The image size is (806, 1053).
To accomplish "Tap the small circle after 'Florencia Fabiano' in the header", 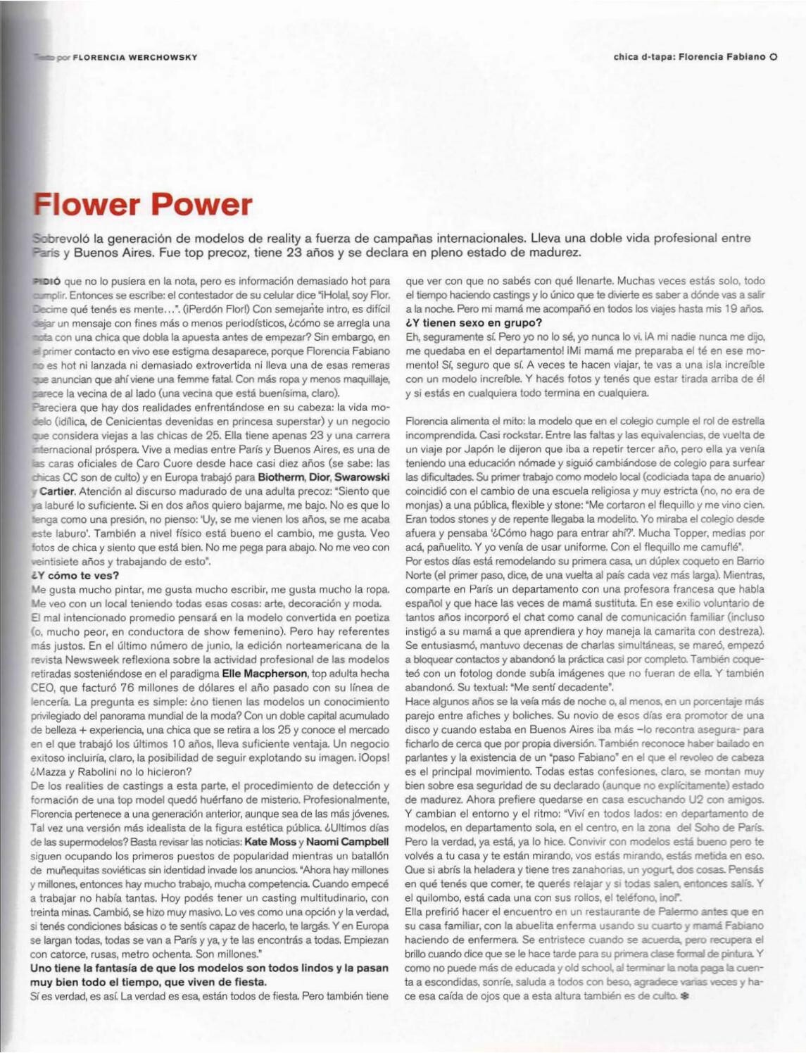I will [773, 58].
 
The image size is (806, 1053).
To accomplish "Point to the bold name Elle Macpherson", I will [264, 674].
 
